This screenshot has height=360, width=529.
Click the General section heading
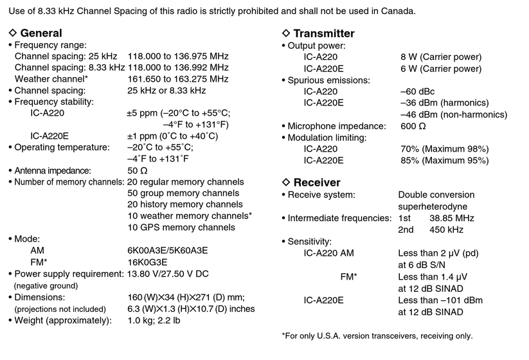coord(41,33)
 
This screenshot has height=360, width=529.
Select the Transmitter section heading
coord(323,33)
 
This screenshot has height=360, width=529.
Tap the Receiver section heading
coord(316,182)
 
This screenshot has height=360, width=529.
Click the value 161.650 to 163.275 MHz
coord(178,78)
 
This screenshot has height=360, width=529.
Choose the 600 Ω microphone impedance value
coord(413,126)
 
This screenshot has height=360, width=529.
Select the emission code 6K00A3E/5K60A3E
coord(168,250)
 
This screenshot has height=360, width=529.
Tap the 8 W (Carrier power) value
coord(441,57)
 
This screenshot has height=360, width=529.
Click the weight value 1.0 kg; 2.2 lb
coord(154,320)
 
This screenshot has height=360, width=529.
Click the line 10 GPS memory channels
coord(181,227)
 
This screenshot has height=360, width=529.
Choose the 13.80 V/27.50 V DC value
coord(168,274)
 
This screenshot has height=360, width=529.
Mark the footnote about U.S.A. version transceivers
coord(377,336)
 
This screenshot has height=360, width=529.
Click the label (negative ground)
coord(46,285)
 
